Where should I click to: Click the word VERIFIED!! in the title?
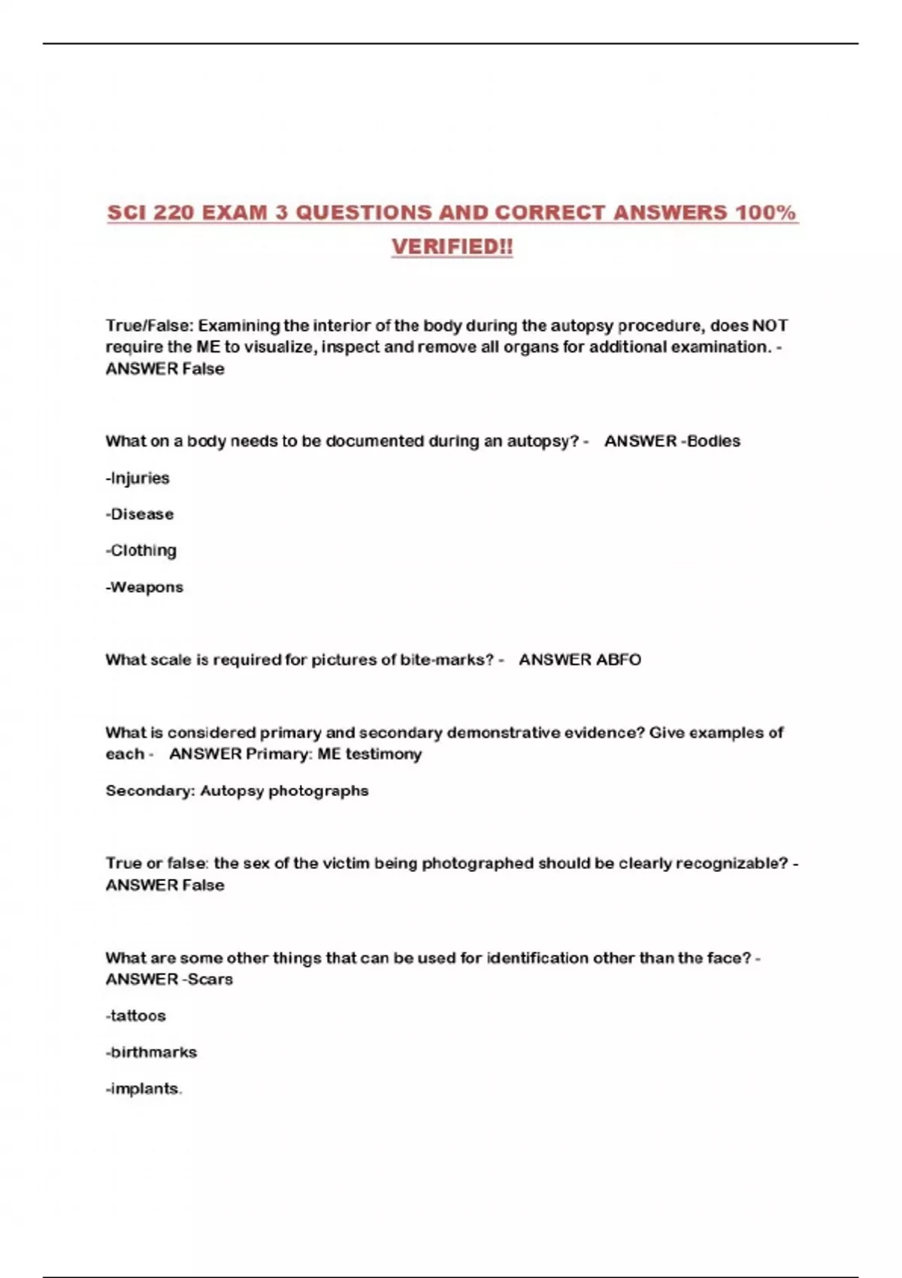coord(452,247)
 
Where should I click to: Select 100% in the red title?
coord(766,213)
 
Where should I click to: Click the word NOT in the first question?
coord(770,326)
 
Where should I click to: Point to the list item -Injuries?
coord(138,478)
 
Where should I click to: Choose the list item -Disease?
coord(140,514)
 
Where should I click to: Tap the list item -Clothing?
coord(141,550)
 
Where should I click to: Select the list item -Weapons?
coord(144,587)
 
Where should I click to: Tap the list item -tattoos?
coord(136,1016)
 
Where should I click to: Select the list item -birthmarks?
coord(151,1052)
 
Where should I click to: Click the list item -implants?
coord(144,1089)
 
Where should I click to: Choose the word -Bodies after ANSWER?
coord(710,441)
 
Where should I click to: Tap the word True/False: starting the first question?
coord(150,326)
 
